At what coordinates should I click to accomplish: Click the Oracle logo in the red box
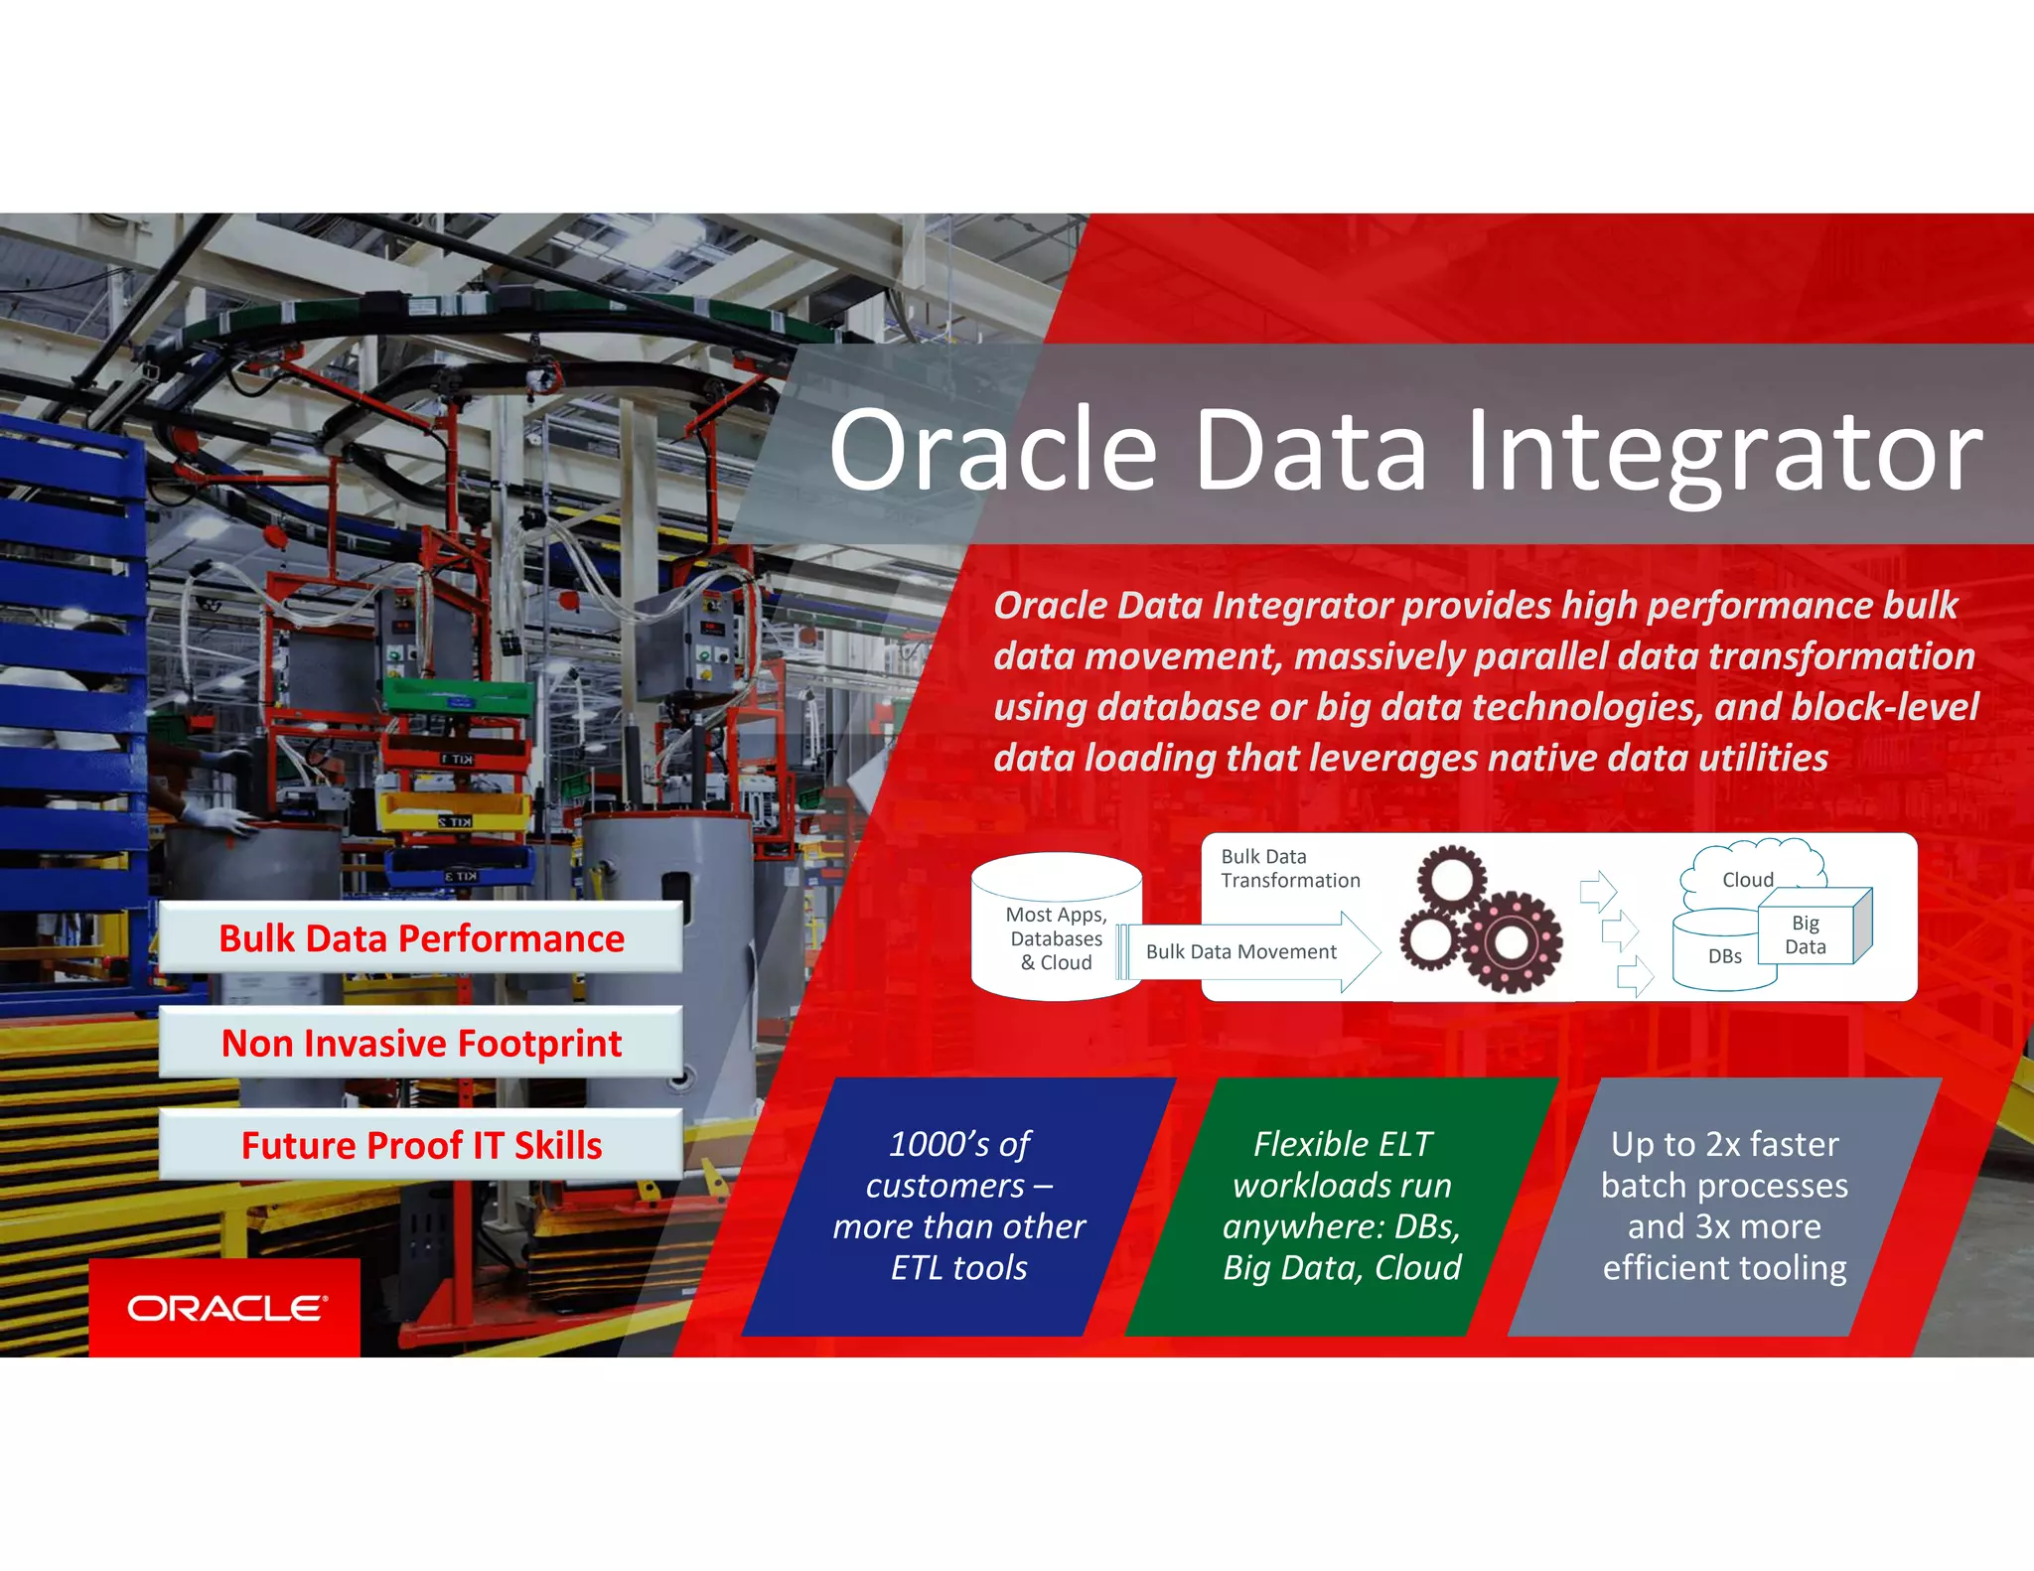click(225, 1308)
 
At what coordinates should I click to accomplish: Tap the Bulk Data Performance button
click(421, 937)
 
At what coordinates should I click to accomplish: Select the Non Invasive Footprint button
click(421, 1043)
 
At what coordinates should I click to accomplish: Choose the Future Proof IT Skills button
click(421, 1145)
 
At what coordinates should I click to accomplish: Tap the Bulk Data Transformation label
click(1289, 868)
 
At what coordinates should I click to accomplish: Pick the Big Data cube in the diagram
click(1811, 930)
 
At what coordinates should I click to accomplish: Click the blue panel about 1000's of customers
click(958, 1206)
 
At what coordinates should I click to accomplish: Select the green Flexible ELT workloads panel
click(1341, 1206)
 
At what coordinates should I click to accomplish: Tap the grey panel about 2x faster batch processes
click(1724, 1206)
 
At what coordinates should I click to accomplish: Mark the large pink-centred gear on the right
click(1509, 940)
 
